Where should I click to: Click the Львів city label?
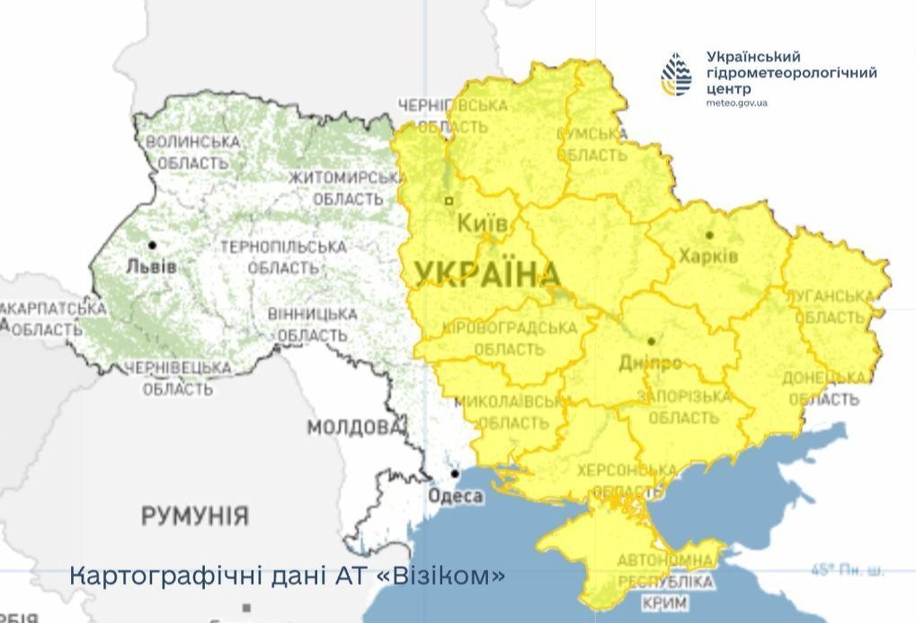coord(152,267)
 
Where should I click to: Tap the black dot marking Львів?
coord(152,245)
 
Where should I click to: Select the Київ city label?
coord(483,224)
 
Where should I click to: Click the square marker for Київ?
coord(449,200)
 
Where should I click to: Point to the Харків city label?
coord(709,256)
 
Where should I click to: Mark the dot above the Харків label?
coord(709,235)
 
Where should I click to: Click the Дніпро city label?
coord(650,363)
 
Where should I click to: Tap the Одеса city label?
coord(457,496)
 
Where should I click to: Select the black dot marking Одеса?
coord(456,474)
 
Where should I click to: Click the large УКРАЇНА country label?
coord(487,274)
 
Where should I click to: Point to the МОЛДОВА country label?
coord(353,427)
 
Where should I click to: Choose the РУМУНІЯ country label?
coord(194,516)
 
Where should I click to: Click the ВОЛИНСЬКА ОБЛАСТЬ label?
coord(192,153)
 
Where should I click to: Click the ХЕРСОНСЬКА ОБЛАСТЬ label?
coord(627,481)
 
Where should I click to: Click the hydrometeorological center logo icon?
coord(676,75)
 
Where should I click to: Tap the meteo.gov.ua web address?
coord(737,103)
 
